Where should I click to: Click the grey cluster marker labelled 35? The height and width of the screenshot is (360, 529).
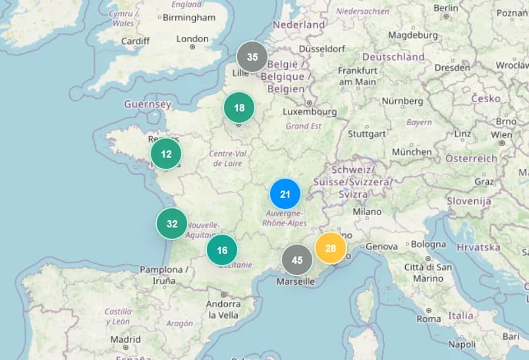pos(252,57)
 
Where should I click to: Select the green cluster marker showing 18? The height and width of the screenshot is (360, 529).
pos(239,107)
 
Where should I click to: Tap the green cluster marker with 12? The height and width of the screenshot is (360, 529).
pos(166,154)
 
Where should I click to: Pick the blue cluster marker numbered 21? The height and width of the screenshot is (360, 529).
pos(285,194)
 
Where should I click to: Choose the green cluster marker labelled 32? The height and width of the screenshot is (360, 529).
pos(172,224)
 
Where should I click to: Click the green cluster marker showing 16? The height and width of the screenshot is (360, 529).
pos(222,250)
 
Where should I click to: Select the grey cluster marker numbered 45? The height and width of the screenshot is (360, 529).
pos(297,260)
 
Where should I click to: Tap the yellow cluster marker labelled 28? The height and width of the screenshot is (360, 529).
pos(331,248)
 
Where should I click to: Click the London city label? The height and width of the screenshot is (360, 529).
pos(192,39)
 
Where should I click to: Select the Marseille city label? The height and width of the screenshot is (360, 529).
pos(296,282)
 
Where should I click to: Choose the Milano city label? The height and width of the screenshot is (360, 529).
pos(367,212)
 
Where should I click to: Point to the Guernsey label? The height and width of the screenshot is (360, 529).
pos(148,104)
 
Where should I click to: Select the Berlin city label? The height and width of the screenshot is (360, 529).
pos(446,8)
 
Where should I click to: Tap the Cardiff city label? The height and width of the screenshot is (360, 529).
pos(135,41)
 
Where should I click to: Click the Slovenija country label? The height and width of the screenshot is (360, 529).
pos(469,200)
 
